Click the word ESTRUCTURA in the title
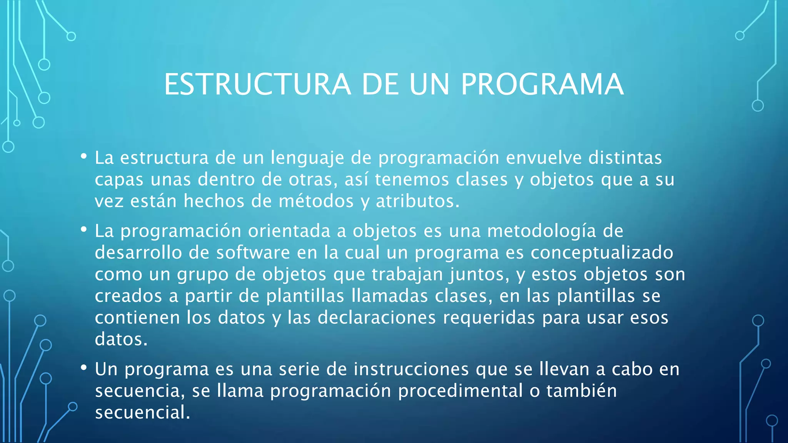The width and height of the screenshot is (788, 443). coord(257,85)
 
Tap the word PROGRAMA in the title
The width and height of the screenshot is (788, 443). coord(542,85)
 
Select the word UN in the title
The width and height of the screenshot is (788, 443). coord(429,85)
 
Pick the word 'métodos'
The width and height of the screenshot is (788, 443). coord(316,201)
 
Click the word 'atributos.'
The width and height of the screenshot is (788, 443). coord(418,201)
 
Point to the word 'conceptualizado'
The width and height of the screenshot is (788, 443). coord(602,253)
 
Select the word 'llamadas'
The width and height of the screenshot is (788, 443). coord(389,296)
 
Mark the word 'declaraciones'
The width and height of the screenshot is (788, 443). coord(377,318)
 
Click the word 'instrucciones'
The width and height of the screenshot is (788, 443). coord(411,369)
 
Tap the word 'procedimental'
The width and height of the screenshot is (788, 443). coord(460,391)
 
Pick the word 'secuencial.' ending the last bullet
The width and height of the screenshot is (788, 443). coord(143,413)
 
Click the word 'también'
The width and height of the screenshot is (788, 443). coord(581,391)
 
